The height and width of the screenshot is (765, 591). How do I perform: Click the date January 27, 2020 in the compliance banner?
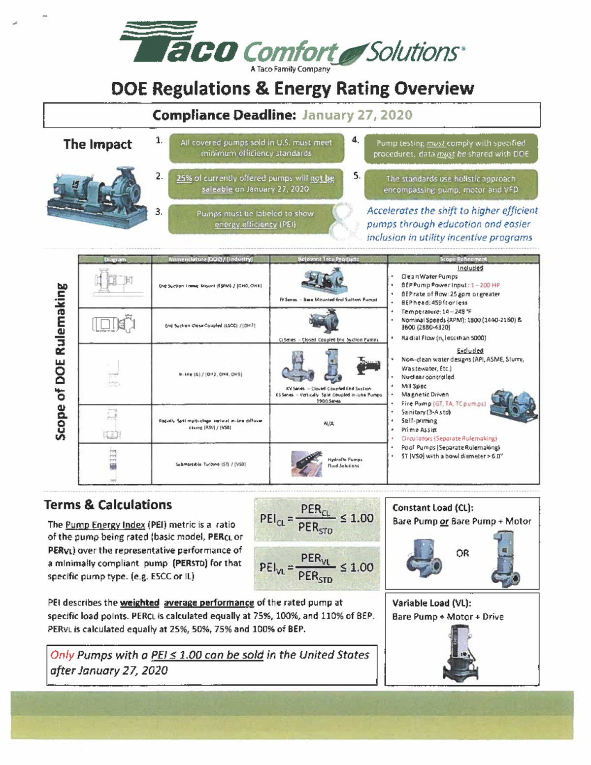(357, 115)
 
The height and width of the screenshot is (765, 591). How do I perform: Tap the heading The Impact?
(98, 144)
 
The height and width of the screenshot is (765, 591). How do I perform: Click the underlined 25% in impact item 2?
(184, 178)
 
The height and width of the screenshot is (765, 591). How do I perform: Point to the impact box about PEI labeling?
(255, 219)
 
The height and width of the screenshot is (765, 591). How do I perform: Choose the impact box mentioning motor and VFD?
(451, 184)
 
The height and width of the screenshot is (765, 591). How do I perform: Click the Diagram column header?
(115, 259)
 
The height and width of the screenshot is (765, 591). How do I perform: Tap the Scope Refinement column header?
(463, 259)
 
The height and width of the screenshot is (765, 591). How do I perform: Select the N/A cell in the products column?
(328, 424)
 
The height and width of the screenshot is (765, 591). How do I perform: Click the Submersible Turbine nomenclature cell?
(210, 464)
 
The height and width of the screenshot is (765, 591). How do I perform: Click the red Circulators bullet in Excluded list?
(449, 438)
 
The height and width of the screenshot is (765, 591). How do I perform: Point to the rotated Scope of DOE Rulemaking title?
(61, 362)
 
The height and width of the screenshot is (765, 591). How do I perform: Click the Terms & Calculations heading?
(108, 505)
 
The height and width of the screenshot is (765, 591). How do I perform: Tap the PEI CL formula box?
(317, 519)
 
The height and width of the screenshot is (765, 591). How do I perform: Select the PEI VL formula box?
(317, 567)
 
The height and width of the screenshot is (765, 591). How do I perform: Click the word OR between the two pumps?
(462, 553)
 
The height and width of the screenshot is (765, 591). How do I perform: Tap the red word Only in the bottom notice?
(62, 655)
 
